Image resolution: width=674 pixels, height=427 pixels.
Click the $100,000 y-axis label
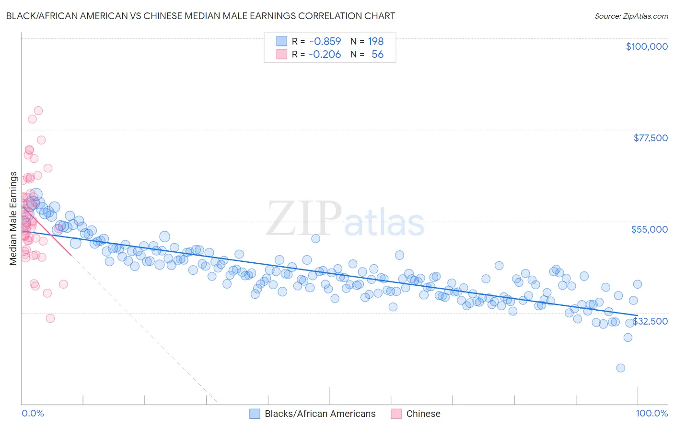pos(647,46)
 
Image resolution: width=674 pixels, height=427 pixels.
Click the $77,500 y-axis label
pos(651,138)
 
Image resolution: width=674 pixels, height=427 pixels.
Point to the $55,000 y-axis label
pos(649,229)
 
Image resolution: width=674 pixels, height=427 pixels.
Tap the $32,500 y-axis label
pos(651,321)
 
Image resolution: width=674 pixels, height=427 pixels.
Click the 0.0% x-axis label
pos(33,414)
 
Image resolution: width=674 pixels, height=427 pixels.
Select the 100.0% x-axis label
pos(651,414)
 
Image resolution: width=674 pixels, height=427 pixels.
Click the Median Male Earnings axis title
pos(13,218)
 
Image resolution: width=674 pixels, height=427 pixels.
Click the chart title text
pos(200,16)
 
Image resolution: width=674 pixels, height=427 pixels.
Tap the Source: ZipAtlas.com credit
pos(631,16)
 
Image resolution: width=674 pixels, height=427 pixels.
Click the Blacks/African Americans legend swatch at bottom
pos(255,414)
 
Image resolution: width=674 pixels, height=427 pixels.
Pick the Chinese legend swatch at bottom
pos(396,414)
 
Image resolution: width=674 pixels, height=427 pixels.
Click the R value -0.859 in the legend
pos(325,42)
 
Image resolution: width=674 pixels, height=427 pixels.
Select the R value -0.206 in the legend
pos(325,55)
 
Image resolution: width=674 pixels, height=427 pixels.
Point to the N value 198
pos(376,42)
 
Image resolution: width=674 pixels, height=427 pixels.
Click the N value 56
pos(377,55)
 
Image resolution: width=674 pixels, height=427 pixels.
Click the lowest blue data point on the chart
pos(621,368)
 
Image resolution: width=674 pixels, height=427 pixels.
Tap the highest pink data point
pos(38,111)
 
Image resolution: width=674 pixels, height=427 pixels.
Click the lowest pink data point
pos(50,318)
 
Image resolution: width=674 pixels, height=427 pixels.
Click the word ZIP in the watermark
pos(303,218)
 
